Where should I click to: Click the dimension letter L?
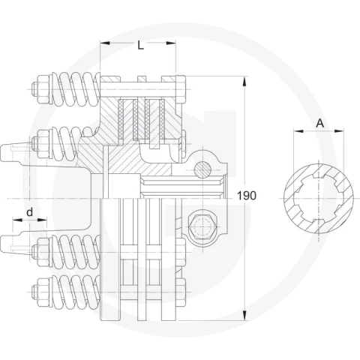141,45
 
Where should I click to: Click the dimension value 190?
247,196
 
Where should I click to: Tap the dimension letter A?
320,123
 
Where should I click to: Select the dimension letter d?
30,212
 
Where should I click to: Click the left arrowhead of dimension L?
105,43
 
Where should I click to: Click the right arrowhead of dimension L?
171,43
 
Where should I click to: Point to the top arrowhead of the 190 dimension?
244,82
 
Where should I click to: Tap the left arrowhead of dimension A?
298,130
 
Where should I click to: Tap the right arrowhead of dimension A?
339,130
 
